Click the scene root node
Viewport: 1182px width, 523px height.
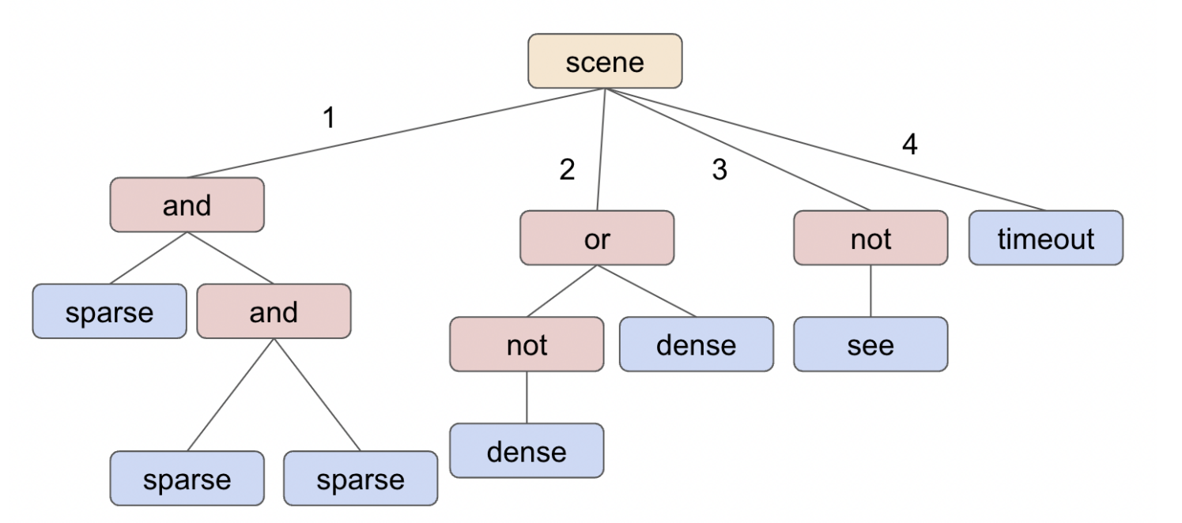(605, 61)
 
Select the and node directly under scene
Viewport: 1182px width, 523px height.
(187, 205)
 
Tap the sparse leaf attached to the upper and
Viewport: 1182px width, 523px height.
(109, 311)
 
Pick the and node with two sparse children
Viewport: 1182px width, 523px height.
(274, 311)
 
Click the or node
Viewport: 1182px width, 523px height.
(597, 238)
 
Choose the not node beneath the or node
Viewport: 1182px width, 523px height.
(527, 344)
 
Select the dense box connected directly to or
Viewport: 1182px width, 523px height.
(696, 344)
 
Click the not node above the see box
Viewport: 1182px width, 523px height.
(870, 238)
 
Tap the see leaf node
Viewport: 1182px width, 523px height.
(870, 344)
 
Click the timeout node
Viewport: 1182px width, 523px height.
(1045, 238)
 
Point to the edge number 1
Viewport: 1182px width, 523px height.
(329, 119)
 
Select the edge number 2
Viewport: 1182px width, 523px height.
(567, 170)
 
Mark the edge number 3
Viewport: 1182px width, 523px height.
(719, 170)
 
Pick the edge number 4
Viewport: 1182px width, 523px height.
(909, 145)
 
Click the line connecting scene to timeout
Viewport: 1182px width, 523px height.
(826, 149)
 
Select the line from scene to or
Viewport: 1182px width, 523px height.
(601, 149)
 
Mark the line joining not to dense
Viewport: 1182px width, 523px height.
(527, 397)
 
